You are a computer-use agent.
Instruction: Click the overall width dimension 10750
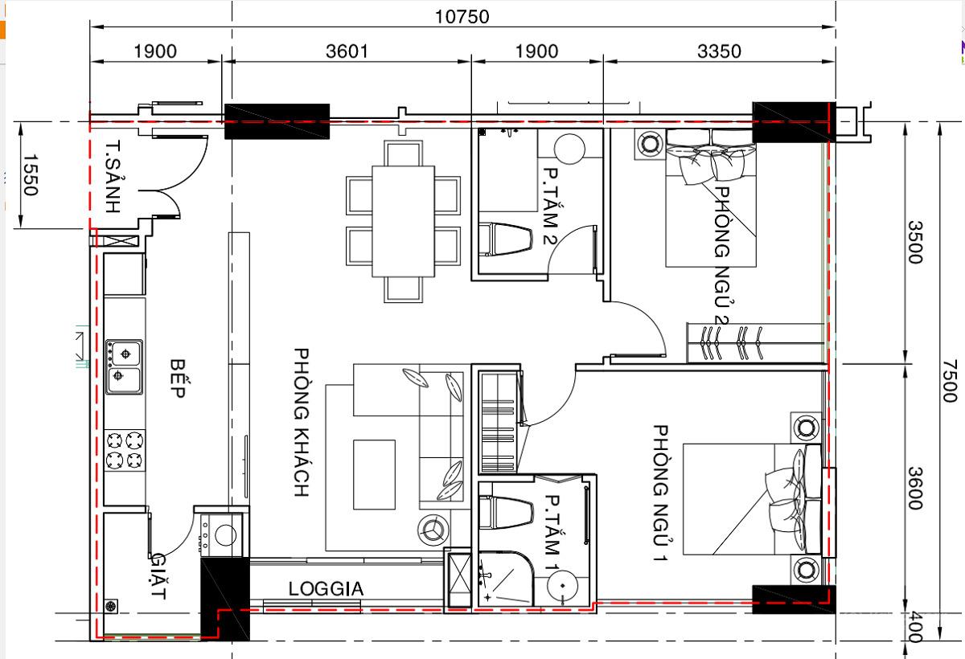(462, 17)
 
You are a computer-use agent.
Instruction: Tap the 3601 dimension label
(347, 51)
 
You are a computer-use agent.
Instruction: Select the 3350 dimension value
(719, 51)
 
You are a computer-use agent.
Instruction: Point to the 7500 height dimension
(950, 381)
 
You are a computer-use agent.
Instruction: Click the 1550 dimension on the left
(31, 174)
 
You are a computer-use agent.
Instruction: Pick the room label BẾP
(178, 379)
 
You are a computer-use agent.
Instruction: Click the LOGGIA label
(326, 589)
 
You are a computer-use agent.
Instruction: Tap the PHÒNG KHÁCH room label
(302, 422)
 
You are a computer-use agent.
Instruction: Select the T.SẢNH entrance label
(113, 176)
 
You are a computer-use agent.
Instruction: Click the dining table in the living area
(403, 221)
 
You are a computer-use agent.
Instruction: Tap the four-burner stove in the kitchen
(125, 450)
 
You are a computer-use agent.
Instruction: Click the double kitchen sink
(125, 366)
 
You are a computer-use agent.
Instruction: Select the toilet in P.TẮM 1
(505, 513)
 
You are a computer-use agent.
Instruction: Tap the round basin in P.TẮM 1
(562, 586)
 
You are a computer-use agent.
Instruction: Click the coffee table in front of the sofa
(375, 474)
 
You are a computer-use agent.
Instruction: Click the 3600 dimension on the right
(915, 489)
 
